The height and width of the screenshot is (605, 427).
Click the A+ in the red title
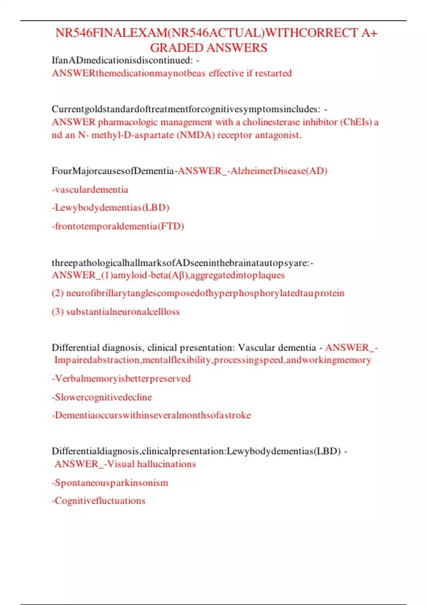(369, 33)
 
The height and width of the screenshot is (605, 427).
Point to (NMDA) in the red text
(195, 135)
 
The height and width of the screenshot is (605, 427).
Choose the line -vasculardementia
(90, 189)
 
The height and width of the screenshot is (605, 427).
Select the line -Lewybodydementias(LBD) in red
(110, 207)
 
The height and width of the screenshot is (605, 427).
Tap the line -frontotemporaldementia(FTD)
(118, 226)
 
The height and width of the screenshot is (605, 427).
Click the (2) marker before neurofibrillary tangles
(58, 293)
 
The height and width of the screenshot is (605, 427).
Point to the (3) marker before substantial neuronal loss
(58, 312)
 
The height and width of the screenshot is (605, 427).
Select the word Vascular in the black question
(257, 347)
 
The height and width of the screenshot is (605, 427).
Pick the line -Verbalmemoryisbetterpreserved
(121, 378)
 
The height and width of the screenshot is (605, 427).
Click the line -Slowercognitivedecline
(102, 397)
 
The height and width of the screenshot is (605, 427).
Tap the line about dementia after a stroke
(151, 415)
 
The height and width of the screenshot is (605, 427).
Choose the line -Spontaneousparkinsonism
(110, 483)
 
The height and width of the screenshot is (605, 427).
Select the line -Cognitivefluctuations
(99, 501)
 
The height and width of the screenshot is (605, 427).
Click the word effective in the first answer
(226, 73)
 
